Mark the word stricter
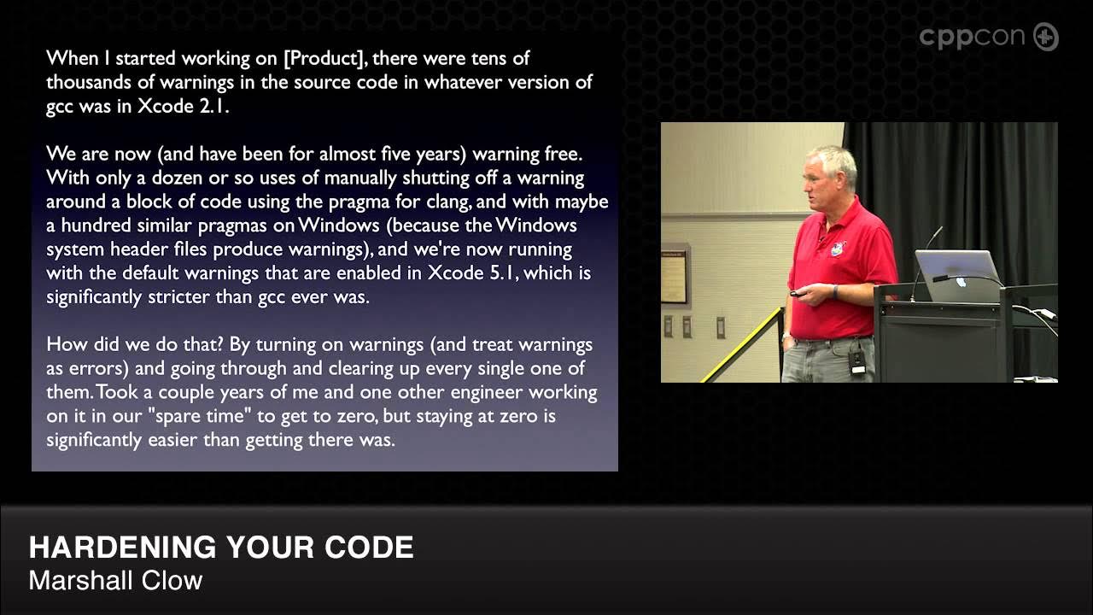pos(199,297)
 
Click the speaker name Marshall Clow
pos(115,581)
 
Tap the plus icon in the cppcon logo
pos(1045,37)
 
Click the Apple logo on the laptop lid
pos(961,280)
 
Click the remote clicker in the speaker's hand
pos(798,294)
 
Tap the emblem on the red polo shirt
pos(838,249)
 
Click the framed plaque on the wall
pos(674,276)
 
